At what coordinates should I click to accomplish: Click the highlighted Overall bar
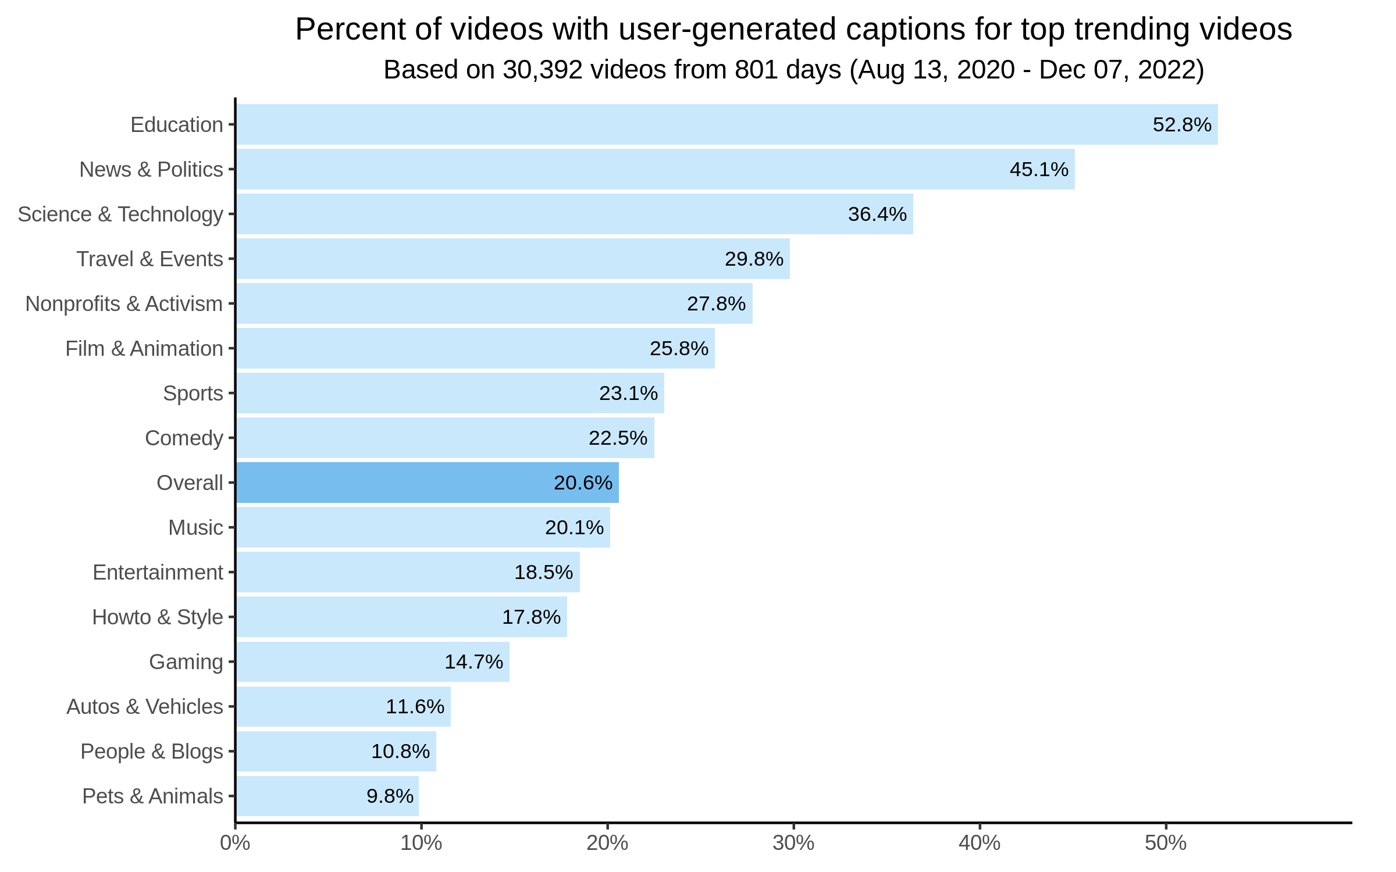(x=428, y=483)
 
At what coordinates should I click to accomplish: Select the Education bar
(x=727, y=124)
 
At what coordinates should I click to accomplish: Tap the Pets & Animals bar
(x=327, y=796)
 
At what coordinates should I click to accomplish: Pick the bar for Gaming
(x=372, y=662)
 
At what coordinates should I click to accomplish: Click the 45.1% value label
(x=1039, y=169)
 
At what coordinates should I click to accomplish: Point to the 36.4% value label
(x=877, y=214)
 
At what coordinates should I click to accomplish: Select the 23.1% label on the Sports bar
(x=628, y=393)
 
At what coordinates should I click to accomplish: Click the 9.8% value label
(x=390, y=796)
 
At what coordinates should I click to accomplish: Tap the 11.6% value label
(x=415, y=706)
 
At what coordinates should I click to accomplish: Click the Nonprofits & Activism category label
(x=124, y=303)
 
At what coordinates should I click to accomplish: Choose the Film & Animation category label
(x=144, y=348)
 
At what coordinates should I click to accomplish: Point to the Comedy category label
(x=184, y=438)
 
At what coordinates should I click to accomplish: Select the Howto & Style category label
(x=157, y=617)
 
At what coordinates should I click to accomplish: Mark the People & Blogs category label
(x=151, y=751)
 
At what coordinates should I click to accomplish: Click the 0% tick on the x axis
(x=235, y=843)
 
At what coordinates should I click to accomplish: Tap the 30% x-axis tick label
(x=793, y=843)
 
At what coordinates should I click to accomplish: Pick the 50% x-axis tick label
(x=1166, y=843)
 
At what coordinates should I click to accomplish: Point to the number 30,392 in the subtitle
(x=543, y=70)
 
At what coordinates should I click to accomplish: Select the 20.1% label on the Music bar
(x=574, y=527)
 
